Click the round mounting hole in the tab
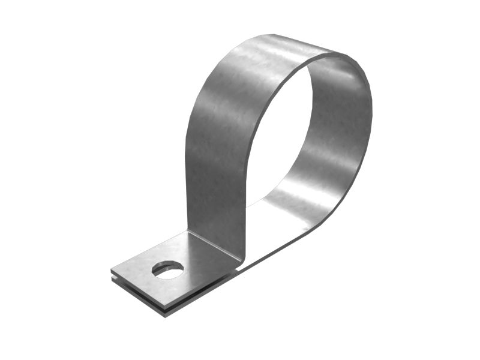(168, 270)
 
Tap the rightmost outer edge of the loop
(371, 114)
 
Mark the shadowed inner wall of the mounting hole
(168, 265)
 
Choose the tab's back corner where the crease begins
(187, 231)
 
